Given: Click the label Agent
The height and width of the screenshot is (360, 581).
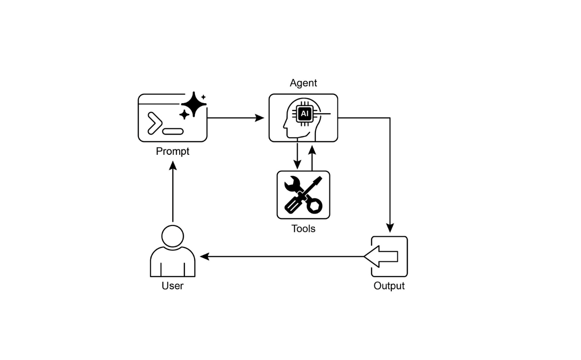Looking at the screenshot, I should (303, 83).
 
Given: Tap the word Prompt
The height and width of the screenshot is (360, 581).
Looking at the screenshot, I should (172, 152).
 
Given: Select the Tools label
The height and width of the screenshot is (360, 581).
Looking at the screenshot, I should (303, 229).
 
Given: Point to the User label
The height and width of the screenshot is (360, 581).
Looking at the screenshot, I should (172, 286).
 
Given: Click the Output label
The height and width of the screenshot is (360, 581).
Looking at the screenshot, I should (389, 286).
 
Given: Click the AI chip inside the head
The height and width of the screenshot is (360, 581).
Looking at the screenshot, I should (305, 114).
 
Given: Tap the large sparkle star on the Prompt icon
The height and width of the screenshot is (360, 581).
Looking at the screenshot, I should (194, 104).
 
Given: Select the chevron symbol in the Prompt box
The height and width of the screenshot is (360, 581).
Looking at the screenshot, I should (155, 123).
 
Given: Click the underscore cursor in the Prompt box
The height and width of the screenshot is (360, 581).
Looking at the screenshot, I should (173, 132).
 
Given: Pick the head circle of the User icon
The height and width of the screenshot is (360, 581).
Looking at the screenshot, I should (172, 236).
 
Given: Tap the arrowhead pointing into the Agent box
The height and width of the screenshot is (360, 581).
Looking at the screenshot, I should (260, 118).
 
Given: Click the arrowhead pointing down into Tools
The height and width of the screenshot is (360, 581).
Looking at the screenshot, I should (297, 165).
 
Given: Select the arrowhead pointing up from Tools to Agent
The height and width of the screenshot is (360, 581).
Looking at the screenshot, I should (312, 149).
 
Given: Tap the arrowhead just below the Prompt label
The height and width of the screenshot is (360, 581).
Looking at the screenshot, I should (173, 166).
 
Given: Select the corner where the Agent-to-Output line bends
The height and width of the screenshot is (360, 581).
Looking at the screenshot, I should (390, 118).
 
